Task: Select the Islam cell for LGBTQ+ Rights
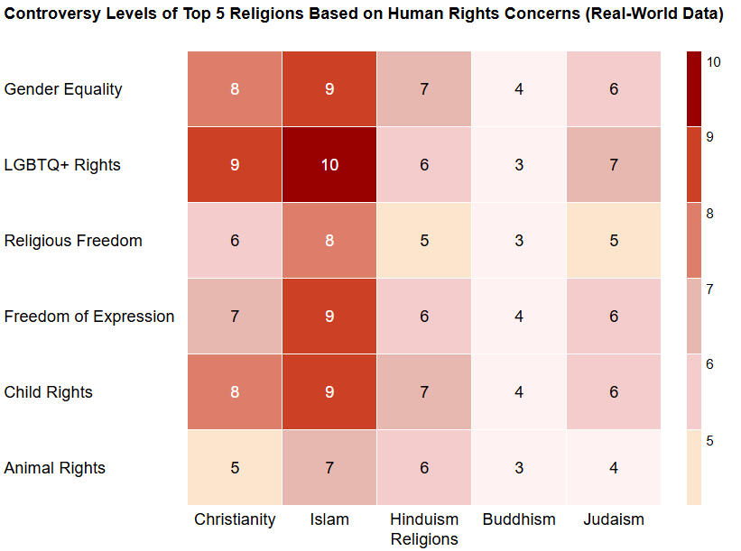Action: [329, 165]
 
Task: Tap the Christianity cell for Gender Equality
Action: [235, 89]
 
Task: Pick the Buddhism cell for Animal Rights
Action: [519, 468]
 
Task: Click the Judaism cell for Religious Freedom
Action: [614, 241]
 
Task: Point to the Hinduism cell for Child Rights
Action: [424, 392]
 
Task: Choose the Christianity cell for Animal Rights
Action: [235, 468]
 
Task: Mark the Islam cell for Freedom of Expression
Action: [329, 317]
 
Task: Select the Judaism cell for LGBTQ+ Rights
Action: [614, 165]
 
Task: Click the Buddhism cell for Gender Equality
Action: [519, 89]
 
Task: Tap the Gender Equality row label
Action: [63, 89]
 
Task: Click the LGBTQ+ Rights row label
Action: [62, 165]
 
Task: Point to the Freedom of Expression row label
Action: [89, 317]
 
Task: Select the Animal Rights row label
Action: [55, 468]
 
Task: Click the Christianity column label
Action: [235, 519]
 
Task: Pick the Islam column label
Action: [329, 519]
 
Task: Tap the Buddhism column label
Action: [519, 519]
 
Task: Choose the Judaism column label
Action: [614, 519]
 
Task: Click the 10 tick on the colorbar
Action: [713, 62]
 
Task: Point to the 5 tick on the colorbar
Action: [710, 441]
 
